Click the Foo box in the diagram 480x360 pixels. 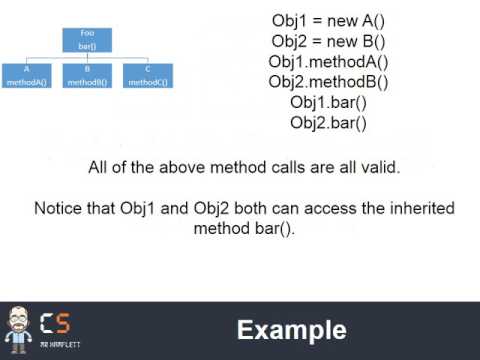point(86,39)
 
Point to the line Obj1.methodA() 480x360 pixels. point(329,62)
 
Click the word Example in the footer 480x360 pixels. point(291,331)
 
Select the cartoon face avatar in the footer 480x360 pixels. point(17,327)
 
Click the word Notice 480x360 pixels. point(59,208)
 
